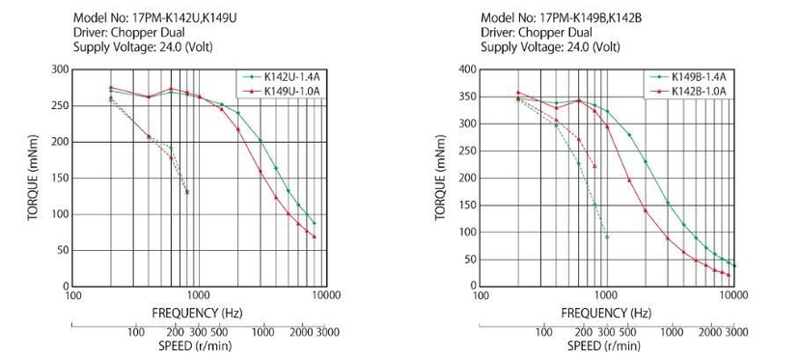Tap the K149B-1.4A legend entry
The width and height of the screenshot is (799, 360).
[689, 77]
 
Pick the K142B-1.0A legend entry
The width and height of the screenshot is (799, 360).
[689, 92]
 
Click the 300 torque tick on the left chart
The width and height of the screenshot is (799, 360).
[59, 69]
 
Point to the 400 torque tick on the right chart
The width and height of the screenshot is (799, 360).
[467, 69]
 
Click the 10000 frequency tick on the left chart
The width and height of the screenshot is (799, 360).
[327, 295]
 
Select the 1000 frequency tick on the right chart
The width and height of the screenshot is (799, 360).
[606, 295]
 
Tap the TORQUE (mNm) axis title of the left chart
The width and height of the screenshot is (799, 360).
[33, 178]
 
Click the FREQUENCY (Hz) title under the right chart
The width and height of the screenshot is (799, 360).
[605, 313]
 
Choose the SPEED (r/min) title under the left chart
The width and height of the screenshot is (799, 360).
[195, 346]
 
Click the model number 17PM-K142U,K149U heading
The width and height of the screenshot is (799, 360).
[155, 17]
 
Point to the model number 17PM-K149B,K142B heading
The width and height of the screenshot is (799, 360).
[561, 17]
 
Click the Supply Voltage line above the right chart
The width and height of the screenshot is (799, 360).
[550, 47]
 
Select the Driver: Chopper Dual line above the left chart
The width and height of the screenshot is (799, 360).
[129, 33]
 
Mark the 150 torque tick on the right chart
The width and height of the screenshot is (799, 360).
[467, 206]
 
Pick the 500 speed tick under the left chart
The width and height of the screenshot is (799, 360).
[218, 332]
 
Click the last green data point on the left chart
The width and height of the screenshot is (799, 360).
[315, 223]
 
